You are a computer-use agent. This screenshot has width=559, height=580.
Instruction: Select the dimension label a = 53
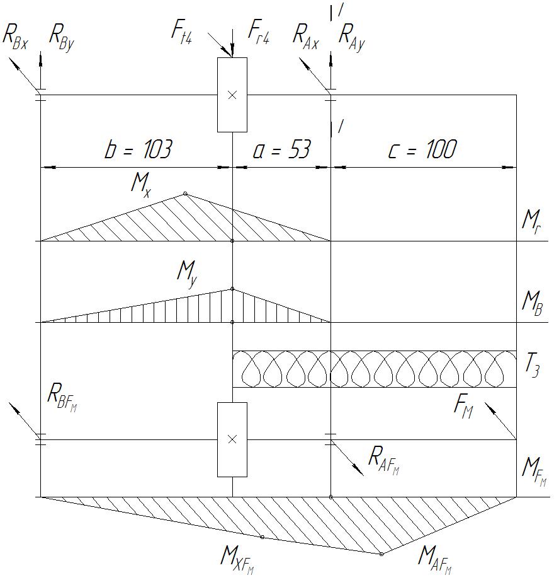coord(282,151)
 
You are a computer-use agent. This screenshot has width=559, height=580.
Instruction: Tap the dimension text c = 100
coord(422,150)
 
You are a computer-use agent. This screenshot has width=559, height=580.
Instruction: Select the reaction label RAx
coord(306,35)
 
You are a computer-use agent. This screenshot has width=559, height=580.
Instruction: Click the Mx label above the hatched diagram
coord(141,183)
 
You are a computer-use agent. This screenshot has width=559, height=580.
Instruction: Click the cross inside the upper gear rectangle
coord(232,95)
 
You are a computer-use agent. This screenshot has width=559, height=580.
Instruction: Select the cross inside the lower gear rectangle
coord(232,439)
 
